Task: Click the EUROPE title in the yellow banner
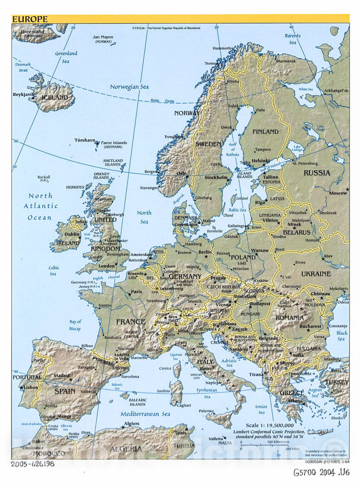30,19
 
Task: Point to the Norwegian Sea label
129,87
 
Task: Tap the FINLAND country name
265,132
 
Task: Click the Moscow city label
338,192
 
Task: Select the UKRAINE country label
315,274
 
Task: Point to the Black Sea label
341,335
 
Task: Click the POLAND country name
243,257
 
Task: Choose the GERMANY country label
185,276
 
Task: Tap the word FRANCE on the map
130,322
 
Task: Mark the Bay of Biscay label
75,325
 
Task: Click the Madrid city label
61,375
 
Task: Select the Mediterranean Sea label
145,414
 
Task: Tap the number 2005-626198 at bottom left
33,464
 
